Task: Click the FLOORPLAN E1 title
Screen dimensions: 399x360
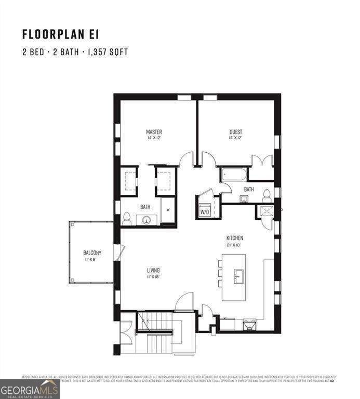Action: (x=60, y=34)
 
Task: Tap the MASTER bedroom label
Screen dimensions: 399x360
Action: (x=154, y=132)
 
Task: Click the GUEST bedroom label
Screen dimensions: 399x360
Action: (x=236, y=132)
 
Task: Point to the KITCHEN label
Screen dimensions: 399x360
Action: (x=235, y=238)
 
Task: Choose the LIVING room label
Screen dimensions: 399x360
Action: (x=153, y=270)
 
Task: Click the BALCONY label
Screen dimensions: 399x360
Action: (x=92, y=253)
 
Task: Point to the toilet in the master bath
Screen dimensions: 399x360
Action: (x=126, y=219)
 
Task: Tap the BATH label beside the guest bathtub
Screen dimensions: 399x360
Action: (x=249, y=189)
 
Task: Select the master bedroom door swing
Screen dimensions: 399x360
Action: (x=186, y=158)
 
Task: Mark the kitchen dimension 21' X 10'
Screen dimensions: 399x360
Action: (x=235, y=245)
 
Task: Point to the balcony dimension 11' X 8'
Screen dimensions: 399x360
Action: (x=92, y=259)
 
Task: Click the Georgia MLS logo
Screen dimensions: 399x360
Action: (x=30, y=389)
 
